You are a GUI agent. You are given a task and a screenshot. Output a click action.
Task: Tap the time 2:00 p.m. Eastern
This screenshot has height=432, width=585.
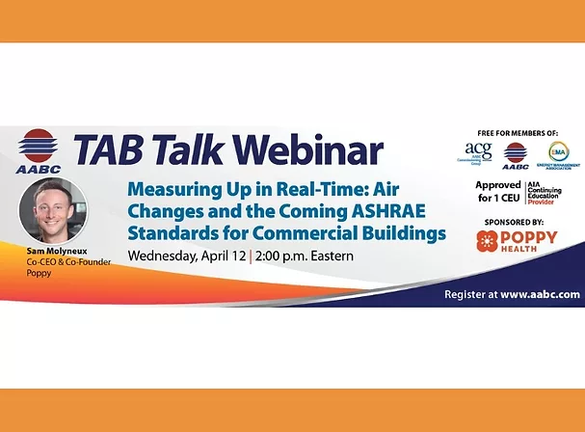[307, 256]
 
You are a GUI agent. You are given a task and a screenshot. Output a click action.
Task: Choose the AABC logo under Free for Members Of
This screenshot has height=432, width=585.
[516, 154]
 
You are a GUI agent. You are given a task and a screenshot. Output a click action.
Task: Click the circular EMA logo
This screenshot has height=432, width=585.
[558, 152]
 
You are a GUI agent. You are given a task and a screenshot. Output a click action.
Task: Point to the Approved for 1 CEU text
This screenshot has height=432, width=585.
[498, 191]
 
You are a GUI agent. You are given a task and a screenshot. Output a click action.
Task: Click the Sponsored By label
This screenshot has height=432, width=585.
[518, 221]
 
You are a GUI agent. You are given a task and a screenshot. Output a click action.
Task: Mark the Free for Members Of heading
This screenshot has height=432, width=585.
[518, 132]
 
